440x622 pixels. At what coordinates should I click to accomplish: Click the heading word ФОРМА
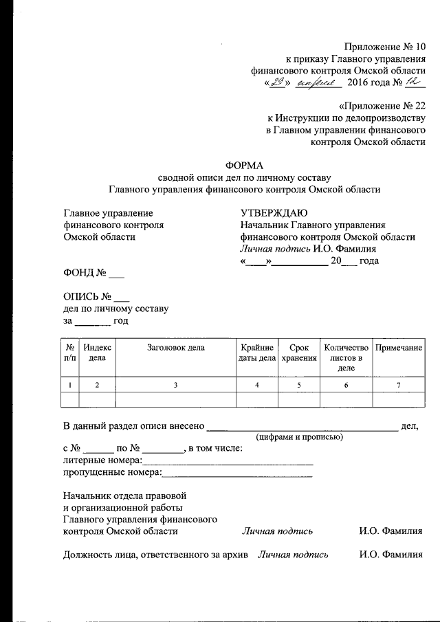pos(244,164)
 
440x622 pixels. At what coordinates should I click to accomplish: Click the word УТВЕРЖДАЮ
pos(274,213)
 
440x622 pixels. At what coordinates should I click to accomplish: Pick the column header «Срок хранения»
pos(299,353)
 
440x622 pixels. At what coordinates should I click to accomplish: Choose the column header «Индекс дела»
pos(98,353)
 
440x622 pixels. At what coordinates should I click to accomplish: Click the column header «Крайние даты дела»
pos(257,353)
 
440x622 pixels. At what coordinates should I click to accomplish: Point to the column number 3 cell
pos(176,385)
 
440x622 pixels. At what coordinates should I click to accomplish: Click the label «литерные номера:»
pos(102,460)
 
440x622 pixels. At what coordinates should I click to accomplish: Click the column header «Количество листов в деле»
pos(346,357)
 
